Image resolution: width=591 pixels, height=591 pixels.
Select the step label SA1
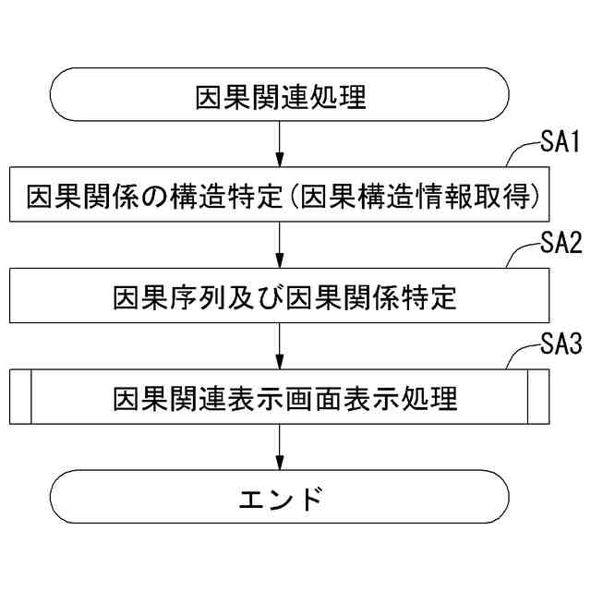559,143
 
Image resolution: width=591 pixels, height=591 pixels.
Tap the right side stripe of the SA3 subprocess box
537,396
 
